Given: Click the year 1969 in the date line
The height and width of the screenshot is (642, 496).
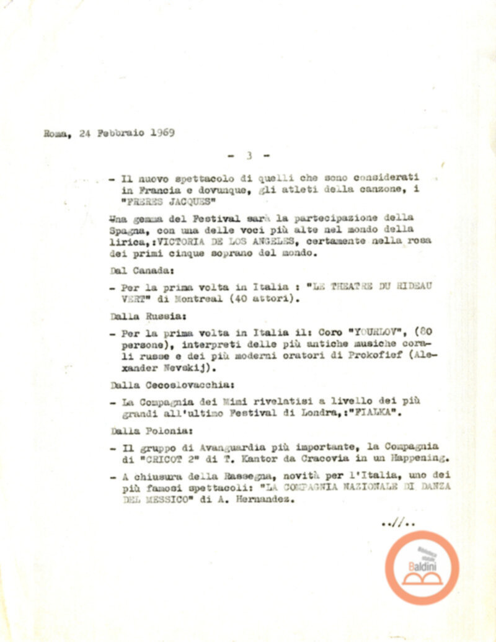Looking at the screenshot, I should (x=162, y=133).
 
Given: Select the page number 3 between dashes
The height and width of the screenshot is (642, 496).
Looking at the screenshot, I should (x=248, y=156).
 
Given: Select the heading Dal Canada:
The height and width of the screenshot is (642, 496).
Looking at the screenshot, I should (x=134, y=270).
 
